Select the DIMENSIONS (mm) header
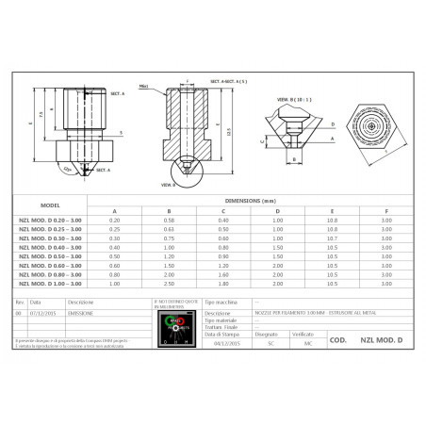(x=250, y=200)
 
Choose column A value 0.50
(x=115, y=255)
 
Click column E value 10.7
(x=331, y=238)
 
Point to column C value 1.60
(x=222, y=274)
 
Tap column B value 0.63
(x=168, y=228)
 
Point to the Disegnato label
(x=267, y=333)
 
